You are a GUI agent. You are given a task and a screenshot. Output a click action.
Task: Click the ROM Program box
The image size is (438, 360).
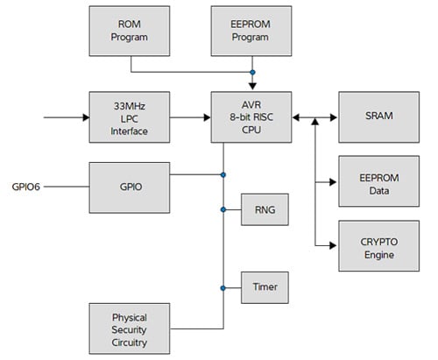tap(131, 31)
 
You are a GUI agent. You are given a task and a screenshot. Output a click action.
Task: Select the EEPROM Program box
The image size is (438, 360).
tap(252, 31)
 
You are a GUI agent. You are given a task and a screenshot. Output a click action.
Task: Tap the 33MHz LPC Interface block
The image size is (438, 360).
tap(131, 117)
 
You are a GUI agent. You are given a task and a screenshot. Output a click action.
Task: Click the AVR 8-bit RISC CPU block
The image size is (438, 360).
tap(252, 117)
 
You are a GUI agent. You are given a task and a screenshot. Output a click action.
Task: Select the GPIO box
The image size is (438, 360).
tap(131, 186)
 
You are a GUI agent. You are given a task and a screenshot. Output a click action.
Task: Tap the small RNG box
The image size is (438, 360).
tap(264, 209)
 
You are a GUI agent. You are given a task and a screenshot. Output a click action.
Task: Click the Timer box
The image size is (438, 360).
tap(264, 286)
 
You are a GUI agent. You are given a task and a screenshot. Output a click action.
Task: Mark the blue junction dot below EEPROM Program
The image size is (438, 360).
tap(252, 72)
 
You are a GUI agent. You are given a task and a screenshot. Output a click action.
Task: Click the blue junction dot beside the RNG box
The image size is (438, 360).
tap(224, 209)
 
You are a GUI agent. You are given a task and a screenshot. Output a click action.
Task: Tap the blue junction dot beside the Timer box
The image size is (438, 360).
tap(224, 286)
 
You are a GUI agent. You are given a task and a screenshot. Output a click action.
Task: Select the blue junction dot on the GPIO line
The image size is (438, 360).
tap(224, 175)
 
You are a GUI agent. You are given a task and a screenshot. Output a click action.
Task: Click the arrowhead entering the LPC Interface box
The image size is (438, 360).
tap(86, 117)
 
